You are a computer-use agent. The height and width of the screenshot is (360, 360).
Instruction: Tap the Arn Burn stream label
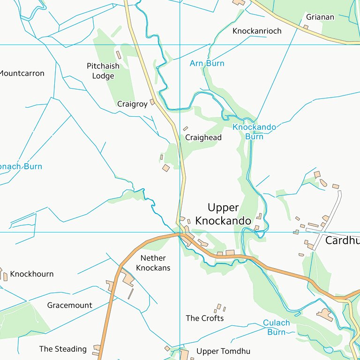click(x=207, y=63)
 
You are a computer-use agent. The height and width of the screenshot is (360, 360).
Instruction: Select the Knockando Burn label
click(x=254, y=132)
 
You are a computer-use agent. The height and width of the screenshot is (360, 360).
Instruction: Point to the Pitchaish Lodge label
click(x=103, y=71)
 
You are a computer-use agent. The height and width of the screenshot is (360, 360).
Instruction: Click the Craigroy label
click(x=132, y=104)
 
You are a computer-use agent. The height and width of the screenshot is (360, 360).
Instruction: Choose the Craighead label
click(x=203, y=138)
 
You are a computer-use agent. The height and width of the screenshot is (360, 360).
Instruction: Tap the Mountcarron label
click(x=22, y=73)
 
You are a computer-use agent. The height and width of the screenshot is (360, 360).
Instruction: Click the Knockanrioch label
click(x=257, y=31)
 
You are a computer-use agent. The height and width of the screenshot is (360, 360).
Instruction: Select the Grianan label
click(x=320, y=17)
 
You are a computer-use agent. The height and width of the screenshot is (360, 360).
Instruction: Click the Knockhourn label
click(x=32, y=274)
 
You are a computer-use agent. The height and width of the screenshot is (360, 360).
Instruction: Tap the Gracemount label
click(x=69, y=305)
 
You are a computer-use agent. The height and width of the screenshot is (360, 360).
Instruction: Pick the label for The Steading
click(x=63, y=349)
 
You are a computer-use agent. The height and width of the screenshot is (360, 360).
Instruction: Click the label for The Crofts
click(x=204, y=318)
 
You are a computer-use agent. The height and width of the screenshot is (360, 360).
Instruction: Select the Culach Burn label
click(x=276, y=327)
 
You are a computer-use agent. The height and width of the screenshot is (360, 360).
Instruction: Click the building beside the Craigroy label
click(x=152, y=102)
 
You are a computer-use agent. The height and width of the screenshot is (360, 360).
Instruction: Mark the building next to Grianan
click(x=306, y=27)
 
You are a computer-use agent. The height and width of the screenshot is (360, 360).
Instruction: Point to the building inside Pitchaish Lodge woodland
click(x=119, y=55)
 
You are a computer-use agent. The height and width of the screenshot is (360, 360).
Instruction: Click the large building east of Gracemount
click(x=127, y=280)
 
